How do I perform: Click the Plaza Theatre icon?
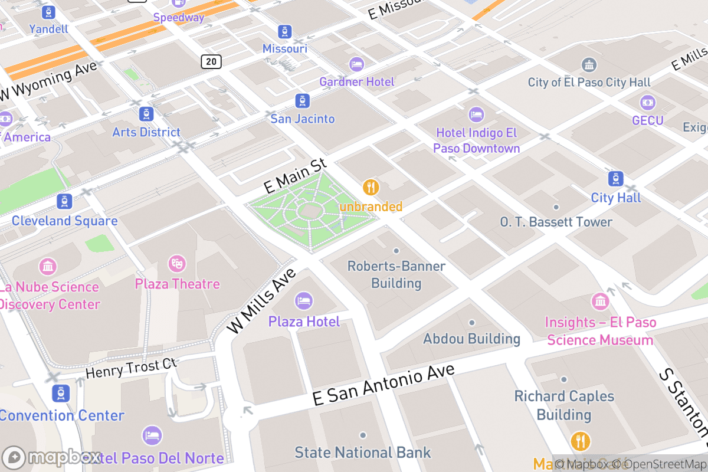tap(176, 264)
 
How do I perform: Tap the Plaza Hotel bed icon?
tap(304, 301)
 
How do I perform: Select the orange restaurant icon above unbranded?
tap(371, 188)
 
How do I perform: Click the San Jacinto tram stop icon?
tap(302, 100)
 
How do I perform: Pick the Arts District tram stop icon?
tap(146, 114)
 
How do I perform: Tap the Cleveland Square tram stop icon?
tap(64, 202)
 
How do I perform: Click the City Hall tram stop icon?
tap(615, 178)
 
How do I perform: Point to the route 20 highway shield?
tap(211, 61)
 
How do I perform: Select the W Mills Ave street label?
tap(261, 301)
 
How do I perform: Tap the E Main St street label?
tap(295, 176)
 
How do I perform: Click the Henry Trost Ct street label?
tap(131, 369)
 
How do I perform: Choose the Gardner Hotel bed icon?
tap(356, 63)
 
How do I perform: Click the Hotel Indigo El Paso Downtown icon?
tap(476, 114)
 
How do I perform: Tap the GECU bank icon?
tap(647, 102)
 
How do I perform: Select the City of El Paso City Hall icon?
tap(589, 64)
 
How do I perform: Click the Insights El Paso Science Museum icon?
tap(600, 301)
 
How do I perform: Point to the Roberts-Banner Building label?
tap(396, 274)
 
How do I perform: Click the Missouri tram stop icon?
tap(285, 31)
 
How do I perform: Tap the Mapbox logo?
tap(51, 458)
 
